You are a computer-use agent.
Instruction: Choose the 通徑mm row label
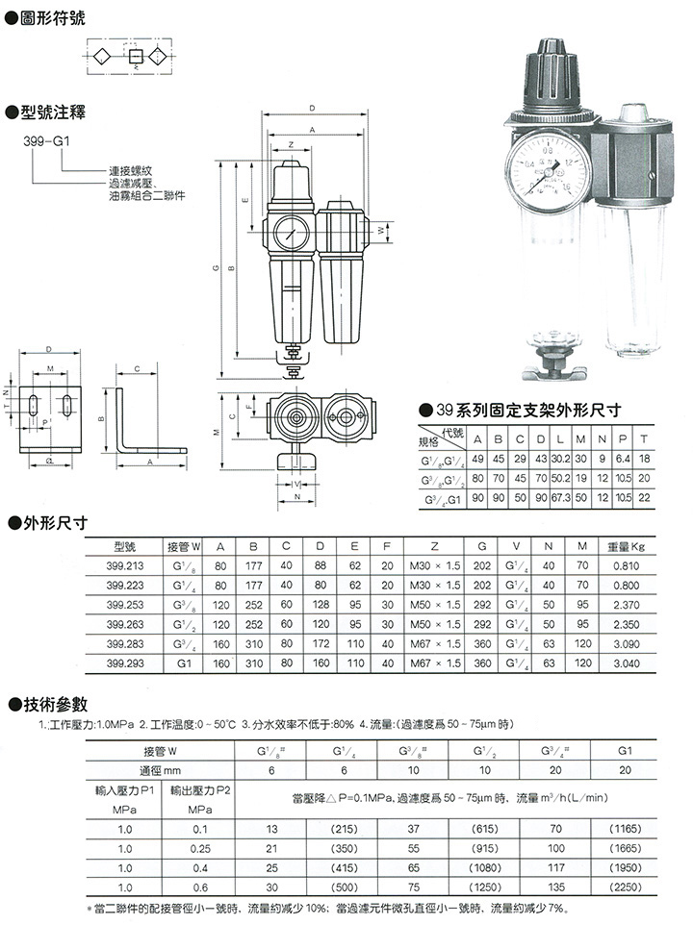click(162, 769)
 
